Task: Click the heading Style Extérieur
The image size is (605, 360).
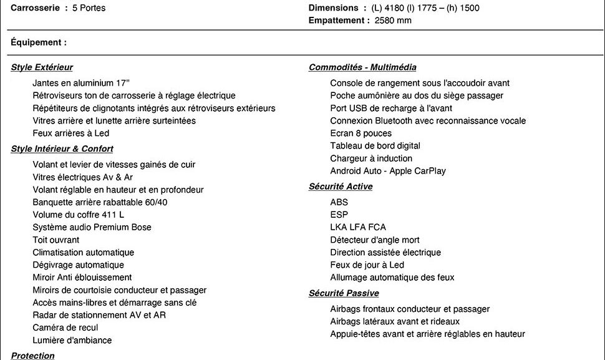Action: (x=42, y=67)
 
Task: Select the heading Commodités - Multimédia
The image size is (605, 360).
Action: (x=362, y=67)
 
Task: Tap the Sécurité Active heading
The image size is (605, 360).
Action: (x=341, y=187)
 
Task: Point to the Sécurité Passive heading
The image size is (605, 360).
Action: (x=344, y=293)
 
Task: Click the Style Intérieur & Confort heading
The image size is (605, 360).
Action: (x=62, y=149)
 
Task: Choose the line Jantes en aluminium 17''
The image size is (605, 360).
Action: (x=81, y=83)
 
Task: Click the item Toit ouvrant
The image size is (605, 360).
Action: (x=56, y=240)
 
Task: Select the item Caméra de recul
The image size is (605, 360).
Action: (x=65, y=328)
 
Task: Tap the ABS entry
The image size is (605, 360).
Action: (x=339, y=202)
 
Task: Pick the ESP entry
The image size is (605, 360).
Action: (x=339, y=215)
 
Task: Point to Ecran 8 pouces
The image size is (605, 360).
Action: (x=361, y=134)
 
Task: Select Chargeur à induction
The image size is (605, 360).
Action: (x=371, y=158)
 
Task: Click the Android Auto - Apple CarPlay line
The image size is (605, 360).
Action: (x=388, y=171)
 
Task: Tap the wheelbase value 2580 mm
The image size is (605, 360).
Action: (x=393, y=21)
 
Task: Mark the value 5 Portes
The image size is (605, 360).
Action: (x=89, y=8)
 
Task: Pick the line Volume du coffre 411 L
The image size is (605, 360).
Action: (x=78, y=215)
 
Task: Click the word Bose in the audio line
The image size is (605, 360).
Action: (x=141, y=227)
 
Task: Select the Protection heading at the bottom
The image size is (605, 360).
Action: (x=32, y=356)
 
